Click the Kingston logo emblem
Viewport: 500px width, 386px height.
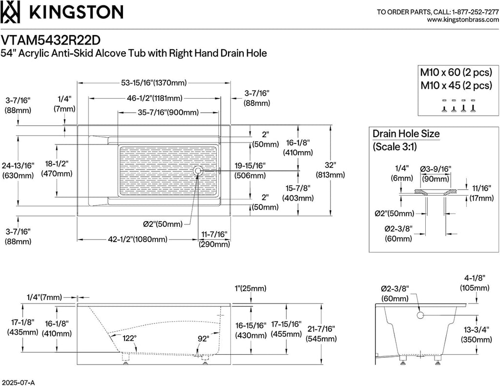coord(10,12)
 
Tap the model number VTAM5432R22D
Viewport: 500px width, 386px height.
coord(50,40)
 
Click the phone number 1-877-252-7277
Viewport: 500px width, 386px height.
coord(476,12)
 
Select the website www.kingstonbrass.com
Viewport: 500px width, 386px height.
coord(463,20)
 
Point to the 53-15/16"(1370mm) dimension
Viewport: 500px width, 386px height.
coord(154,83)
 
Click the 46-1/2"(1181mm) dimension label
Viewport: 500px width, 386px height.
coord(155,98)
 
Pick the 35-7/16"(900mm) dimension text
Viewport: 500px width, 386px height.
coord(168,113)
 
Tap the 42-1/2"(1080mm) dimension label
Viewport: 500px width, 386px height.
coord(138,239)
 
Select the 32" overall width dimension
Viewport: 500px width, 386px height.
coord(331,165)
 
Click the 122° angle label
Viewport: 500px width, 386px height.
coord(129,338)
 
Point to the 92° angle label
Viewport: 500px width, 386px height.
coord(204,339)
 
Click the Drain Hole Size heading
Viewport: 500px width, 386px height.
coord(406,134)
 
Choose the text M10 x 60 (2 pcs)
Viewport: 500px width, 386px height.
coord(456,72)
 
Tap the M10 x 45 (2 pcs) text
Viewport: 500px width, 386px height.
coord(456,85)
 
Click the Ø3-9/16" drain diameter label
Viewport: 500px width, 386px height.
coord(435,169)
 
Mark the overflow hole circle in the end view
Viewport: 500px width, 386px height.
coord(420,315)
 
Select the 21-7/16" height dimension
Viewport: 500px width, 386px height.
coord(321,328)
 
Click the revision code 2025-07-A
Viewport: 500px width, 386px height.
coord(18,382)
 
